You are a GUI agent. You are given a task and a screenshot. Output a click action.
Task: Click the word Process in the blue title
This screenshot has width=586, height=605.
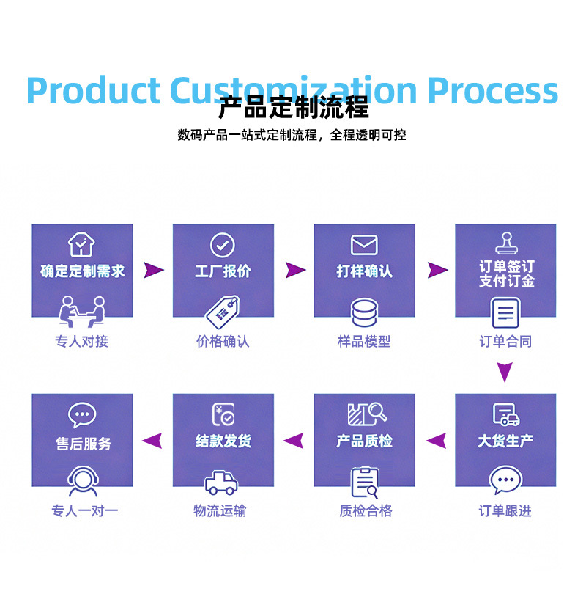pos(493,91)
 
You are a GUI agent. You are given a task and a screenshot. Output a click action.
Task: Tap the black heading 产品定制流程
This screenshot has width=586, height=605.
pos(294,107)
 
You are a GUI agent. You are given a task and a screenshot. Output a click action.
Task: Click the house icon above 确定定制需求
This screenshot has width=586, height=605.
pos(81,244)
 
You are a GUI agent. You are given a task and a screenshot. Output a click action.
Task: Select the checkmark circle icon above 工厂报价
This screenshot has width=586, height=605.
pos(223,245)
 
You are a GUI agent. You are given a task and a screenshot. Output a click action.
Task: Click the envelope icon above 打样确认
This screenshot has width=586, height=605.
pos(364,245)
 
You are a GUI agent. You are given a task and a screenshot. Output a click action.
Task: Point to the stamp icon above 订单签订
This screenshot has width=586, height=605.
pos(507,243)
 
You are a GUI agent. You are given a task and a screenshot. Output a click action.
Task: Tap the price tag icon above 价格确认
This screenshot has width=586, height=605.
pos(223,312)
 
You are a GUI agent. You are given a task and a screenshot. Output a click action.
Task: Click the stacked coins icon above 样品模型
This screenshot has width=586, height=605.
pos(364,312)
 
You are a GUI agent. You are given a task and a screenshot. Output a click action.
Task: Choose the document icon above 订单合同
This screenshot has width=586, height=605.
pos(505,313)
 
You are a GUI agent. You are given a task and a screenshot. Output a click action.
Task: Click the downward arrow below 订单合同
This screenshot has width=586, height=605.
pos(505,371)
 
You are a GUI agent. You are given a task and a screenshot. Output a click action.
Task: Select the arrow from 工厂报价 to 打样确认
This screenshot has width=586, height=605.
pos(295,270)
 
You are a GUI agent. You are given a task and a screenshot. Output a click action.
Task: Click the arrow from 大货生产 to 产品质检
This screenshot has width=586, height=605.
pos(437,441)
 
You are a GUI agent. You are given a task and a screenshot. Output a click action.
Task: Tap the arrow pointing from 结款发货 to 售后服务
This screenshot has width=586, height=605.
pos(152,441)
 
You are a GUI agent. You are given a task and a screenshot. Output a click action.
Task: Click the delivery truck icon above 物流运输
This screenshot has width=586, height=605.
pos(221,483)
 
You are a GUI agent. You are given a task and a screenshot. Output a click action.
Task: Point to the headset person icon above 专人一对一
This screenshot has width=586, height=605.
pos(83,481)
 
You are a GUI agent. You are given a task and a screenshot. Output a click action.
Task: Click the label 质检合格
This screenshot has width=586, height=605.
pos(366,511)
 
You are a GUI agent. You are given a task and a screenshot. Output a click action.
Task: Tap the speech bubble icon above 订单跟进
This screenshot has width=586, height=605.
pos(505,480)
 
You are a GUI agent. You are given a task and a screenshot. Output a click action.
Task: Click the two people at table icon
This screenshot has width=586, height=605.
pos(82,312)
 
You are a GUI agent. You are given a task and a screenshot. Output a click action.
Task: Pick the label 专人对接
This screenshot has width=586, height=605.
pos(82,341)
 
